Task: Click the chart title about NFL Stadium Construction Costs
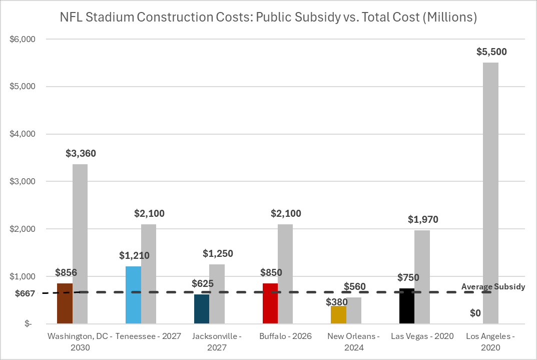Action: [x=268, y=18]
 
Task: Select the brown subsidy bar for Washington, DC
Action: [x=65, y=303]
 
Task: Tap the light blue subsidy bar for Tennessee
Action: [x=134, y=295]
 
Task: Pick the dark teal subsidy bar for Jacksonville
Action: [x=202, y=309]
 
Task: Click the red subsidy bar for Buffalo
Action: [x=270, y=303]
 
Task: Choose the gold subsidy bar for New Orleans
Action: [x=338, y=315]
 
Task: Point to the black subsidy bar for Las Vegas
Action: [x=407, y=306]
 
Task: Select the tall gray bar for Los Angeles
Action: [x=490, y=193]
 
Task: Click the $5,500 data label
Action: [x=490, y=52]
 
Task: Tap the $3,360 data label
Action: [x=81, y=154]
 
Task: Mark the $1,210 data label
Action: [x=134, y=256]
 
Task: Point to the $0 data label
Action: [x=475, y=313]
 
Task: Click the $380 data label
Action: [x=336, y=302]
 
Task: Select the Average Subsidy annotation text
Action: [x=493, y=287]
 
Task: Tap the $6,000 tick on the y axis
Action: [x=21, y=39]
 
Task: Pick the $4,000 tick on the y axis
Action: [x=21, y=134]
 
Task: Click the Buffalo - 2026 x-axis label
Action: [x=285, y=336]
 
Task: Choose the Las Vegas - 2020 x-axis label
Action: [x=422, y=336]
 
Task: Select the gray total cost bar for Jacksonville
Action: [x=217, y=294]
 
